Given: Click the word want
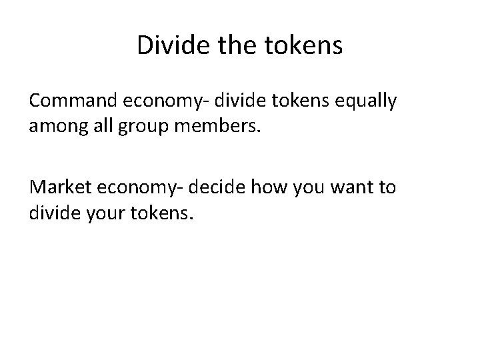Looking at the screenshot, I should [353, 188].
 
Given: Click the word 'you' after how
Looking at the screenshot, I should [305, 189].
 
